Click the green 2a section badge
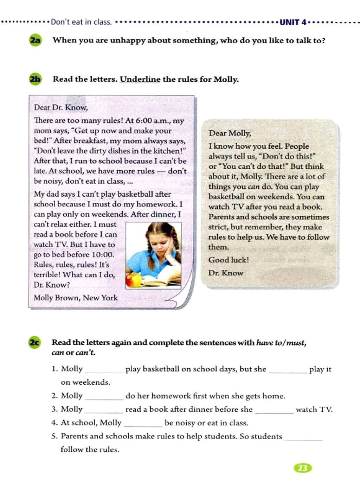tap(35, 40)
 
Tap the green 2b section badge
tap(35, 79)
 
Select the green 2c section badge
tap(34, 342)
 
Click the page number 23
tap(302, 468)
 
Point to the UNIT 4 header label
tap(293, 23)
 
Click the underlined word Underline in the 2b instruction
tap(140, 79)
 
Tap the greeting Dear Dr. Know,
tap(61, 108)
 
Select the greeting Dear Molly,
tap(230, 133)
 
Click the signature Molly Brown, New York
tap(76, 298)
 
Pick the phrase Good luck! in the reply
tap(229, 260)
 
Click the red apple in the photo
tap(133, 280)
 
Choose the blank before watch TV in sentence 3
tap(274, 410)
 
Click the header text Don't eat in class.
tap(81, 22)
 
